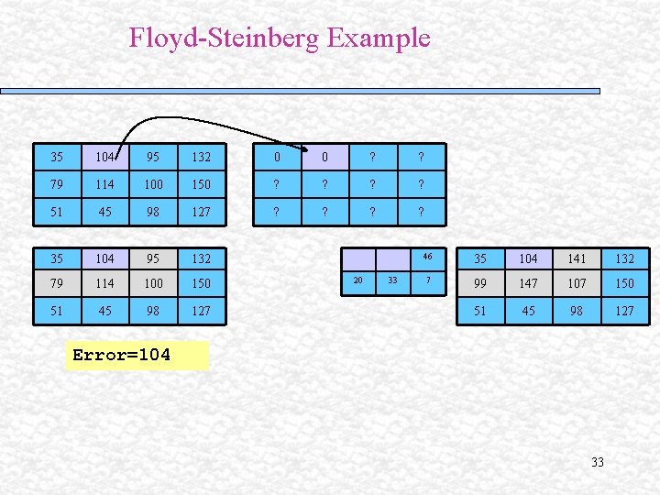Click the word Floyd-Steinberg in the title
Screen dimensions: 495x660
point(225,38)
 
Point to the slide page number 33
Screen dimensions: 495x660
point(598,462)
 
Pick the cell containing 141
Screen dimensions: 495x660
point(577,259)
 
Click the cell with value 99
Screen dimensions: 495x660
point(480,284)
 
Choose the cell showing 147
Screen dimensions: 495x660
point(528,284)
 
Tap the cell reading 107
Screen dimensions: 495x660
point(577,284)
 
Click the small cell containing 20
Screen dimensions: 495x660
point(358,280)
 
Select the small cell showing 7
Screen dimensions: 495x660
point(427,280)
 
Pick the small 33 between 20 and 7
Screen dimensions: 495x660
point(392,280)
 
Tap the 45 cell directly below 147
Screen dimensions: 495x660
point(528,311)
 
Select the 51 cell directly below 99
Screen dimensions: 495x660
point(480,311)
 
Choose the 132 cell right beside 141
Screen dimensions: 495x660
point(624,259)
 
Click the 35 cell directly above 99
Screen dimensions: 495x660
point(480,259)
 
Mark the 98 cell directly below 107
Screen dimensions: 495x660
point(577,311)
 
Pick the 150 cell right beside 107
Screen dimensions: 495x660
point(624,284)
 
